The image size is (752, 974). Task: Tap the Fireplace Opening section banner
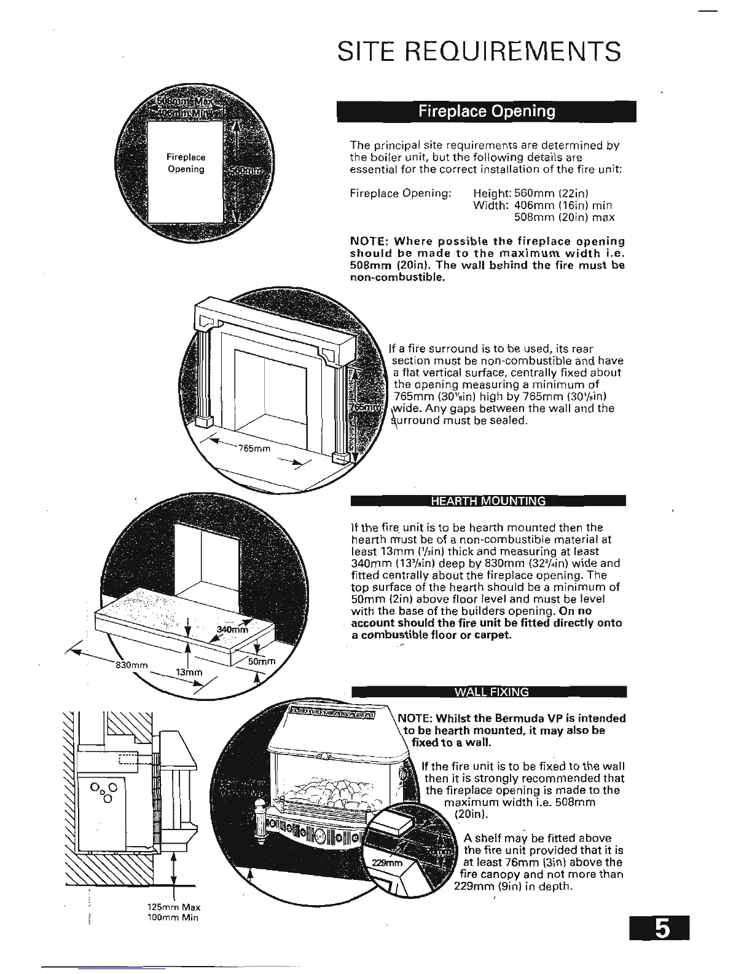(x=486, y=111)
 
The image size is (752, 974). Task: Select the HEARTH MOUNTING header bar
(x=488, y=501)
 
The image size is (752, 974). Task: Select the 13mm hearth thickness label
(x=189, y=672)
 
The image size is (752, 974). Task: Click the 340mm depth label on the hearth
(x=232, y=629)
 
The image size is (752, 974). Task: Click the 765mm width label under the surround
(x=254, y=448)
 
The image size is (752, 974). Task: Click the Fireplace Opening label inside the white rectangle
(x=186, y=163)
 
